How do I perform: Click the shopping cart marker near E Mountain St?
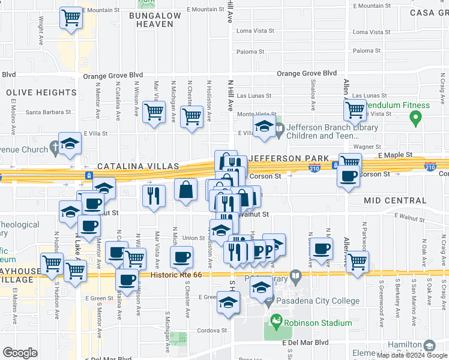click(x=71, y=17)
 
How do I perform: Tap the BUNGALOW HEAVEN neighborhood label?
click(x=155, y=19)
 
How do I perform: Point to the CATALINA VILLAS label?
click(x=139, y=166)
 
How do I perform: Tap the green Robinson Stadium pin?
click(x=276, y=323)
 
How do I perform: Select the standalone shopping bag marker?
click(x=186, y=190)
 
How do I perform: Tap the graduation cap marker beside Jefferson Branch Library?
click(x=264, y=127)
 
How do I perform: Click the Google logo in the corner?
click(x=20, y=352)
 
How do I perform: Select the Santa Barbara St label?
click(x=48, y=112)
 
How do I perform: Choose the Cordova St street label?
click(x=213, y=330)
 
